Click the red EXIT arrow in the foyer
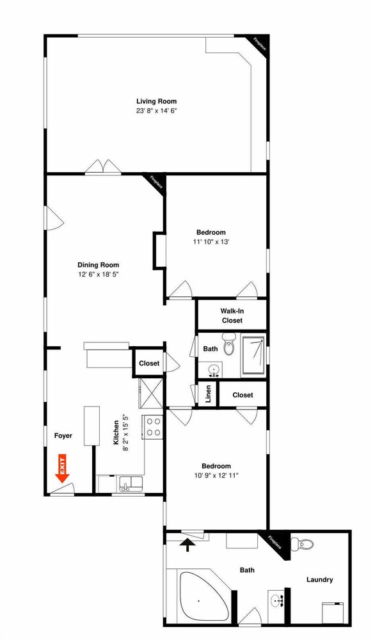pyautogui.click(x=63, y=468)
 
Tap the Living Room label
pyautogui.click(x=157, y=101)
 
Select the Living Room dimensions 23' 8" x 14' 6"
pyautogui.click(x=157, y=111)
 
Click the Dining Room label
pyautogui.click(x=99, y=265)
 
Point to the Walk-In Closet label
pyautogui.click(x=232, y=316)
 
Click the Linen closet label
pyautogui.click(x=208, y=394)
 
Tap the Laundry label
pyautogui.click(x=319, y=580)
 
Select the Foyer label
pyautogui.click(x=63, y=435)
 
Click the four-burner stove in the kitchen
pyautogui.click(x=153, y=426)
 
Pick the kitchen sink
pyautogui.click(x=131, y=484)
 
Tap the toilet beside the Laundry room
pyautogui.click(x=302, y=544)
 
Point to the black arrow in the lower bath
pyautogui.click(x=187, y=545)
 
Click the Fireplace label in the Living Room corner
pyautogui.click(x=260, y=44)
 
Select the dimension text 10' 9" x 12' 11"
pyautogui.click(x=216, y=475)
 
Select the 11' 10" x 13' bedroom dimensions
pyautogui.click(x=212, y=242)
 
